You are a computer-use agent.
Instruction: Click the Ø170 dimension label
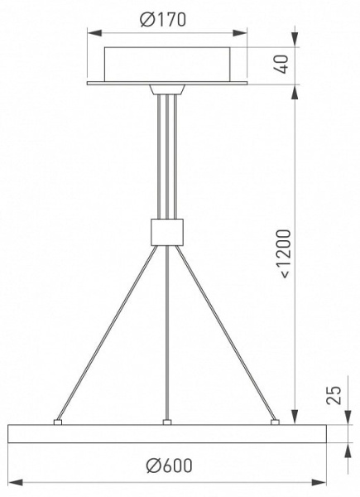coord(163,20)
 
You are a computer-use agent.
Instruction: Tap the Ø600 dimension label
coord(170,466)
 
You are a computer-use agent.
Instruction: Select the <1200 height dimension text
coord(286,254)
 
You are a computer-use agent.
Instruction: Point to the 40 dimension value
coord(281,64)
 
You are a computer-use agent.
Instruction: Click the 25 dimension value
coord(334,395)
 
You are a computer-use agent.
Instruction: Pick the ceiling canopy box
coord(167,65)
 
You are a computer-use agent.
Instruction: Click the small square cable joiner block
coord(167,232)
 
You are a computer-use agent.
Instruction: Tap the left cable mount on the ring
coord(58,422)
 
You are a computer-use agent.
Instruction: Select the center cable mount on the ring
coord(167,422)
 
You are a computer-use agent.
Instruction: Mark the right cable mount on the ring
coord(275,422)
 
